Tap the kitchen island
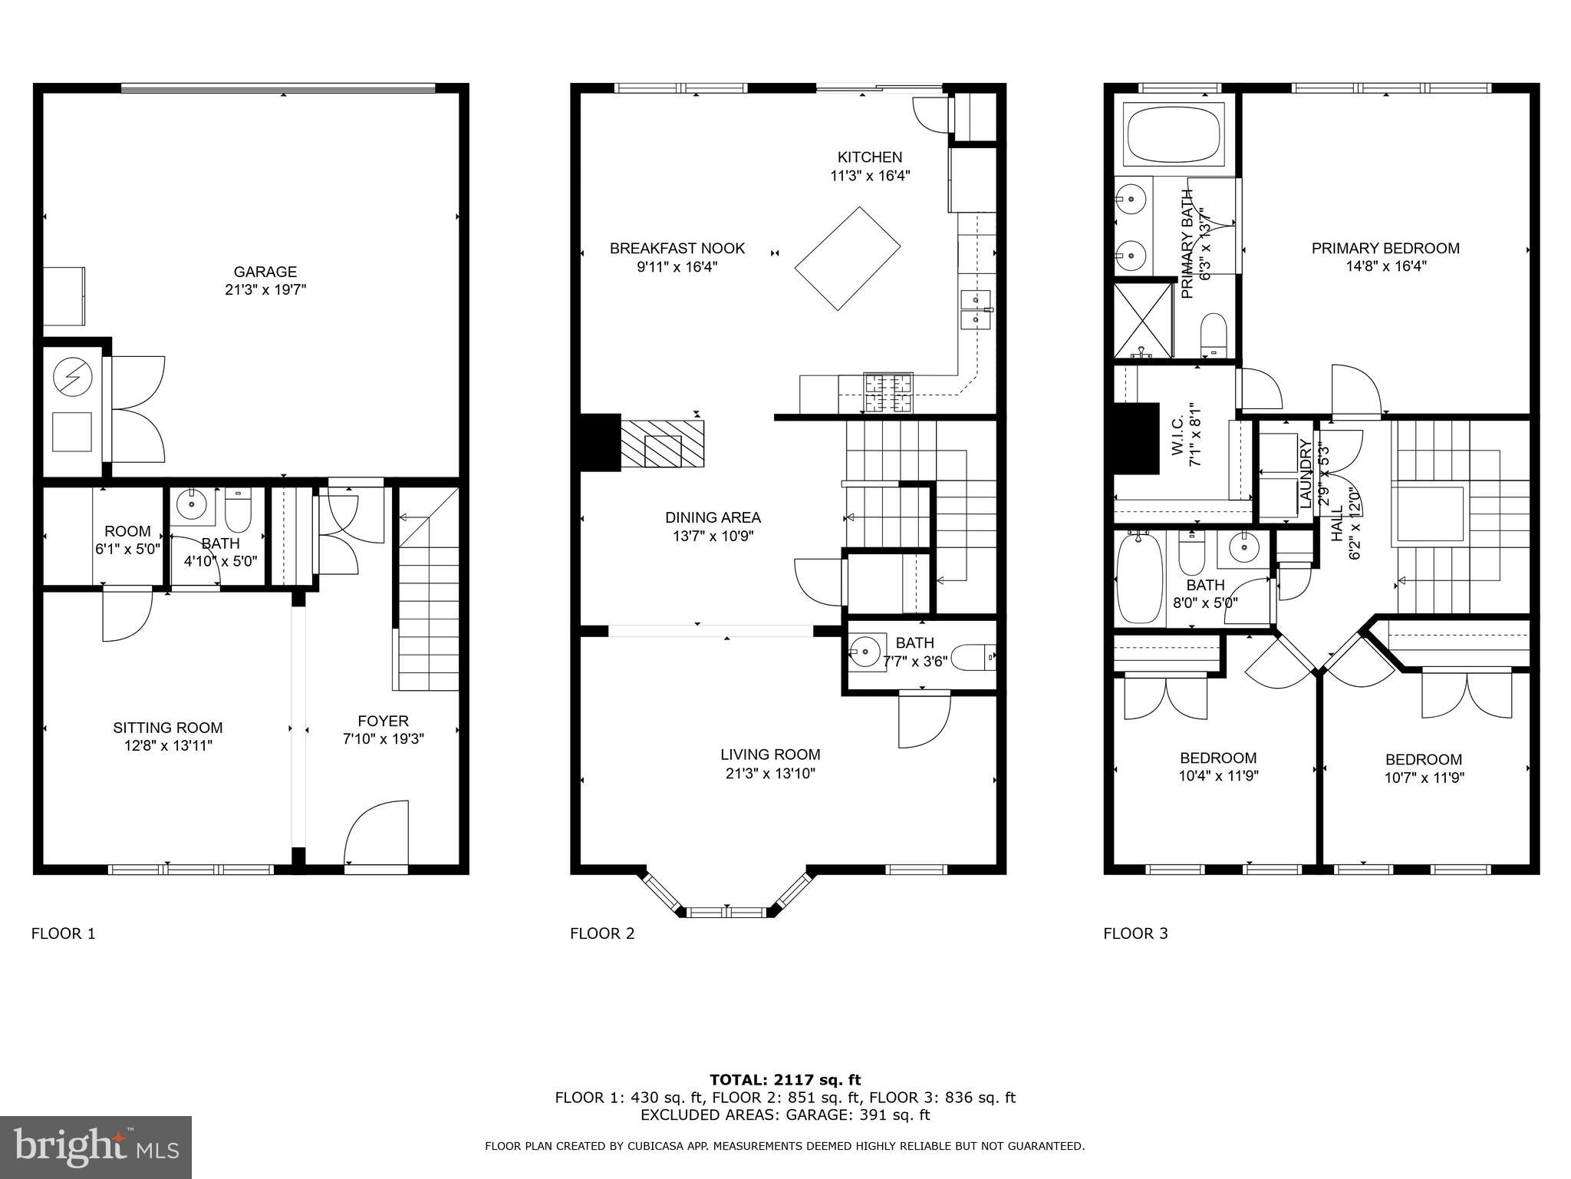coord(848,259)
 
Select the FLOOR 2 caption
coord(602,934)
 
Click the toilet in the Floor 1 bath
coord(238,510)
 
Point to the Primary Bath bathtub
coord(1174,134)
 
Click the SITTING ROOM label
coord(168,728)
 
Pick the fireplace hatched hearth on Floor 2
coord(662,444)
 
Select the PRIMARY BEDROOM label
coord(1385,249)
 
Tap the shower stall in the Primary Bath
coord(1143,320)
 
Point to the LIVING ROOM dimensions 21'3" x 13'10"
coord(770,774)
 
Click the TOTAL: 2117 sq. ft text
coord(785,1080)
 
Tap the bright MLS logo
coord(96,1147)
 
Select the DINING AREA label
coord(713,518)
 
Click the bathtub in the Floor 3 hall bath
coord(1140,578)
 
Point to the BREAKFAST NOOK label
coord(677,249)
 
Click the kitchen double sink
coord(976,309)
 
